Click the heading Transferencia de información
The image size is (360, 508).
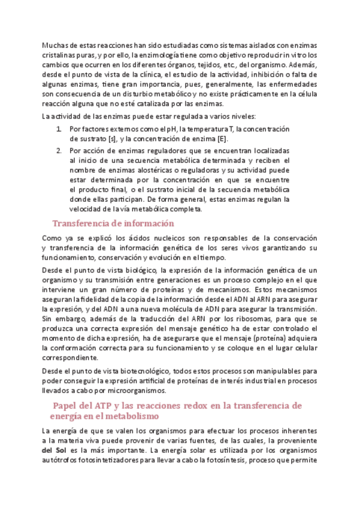(x=113, y=223)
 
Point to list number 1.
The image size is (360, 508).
(x=58, y=129)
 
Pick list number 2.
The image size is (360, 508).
(x=58, y=150)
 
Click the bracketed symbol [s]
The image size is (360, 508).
(x=110, y=140)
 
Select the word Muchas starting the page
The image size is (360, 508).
(x=55, y=45)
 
